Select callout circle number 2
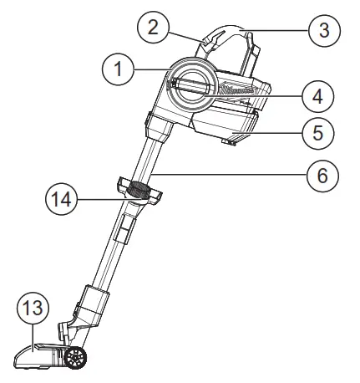coord(152,26)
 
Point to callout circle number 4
coord(318,96)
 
